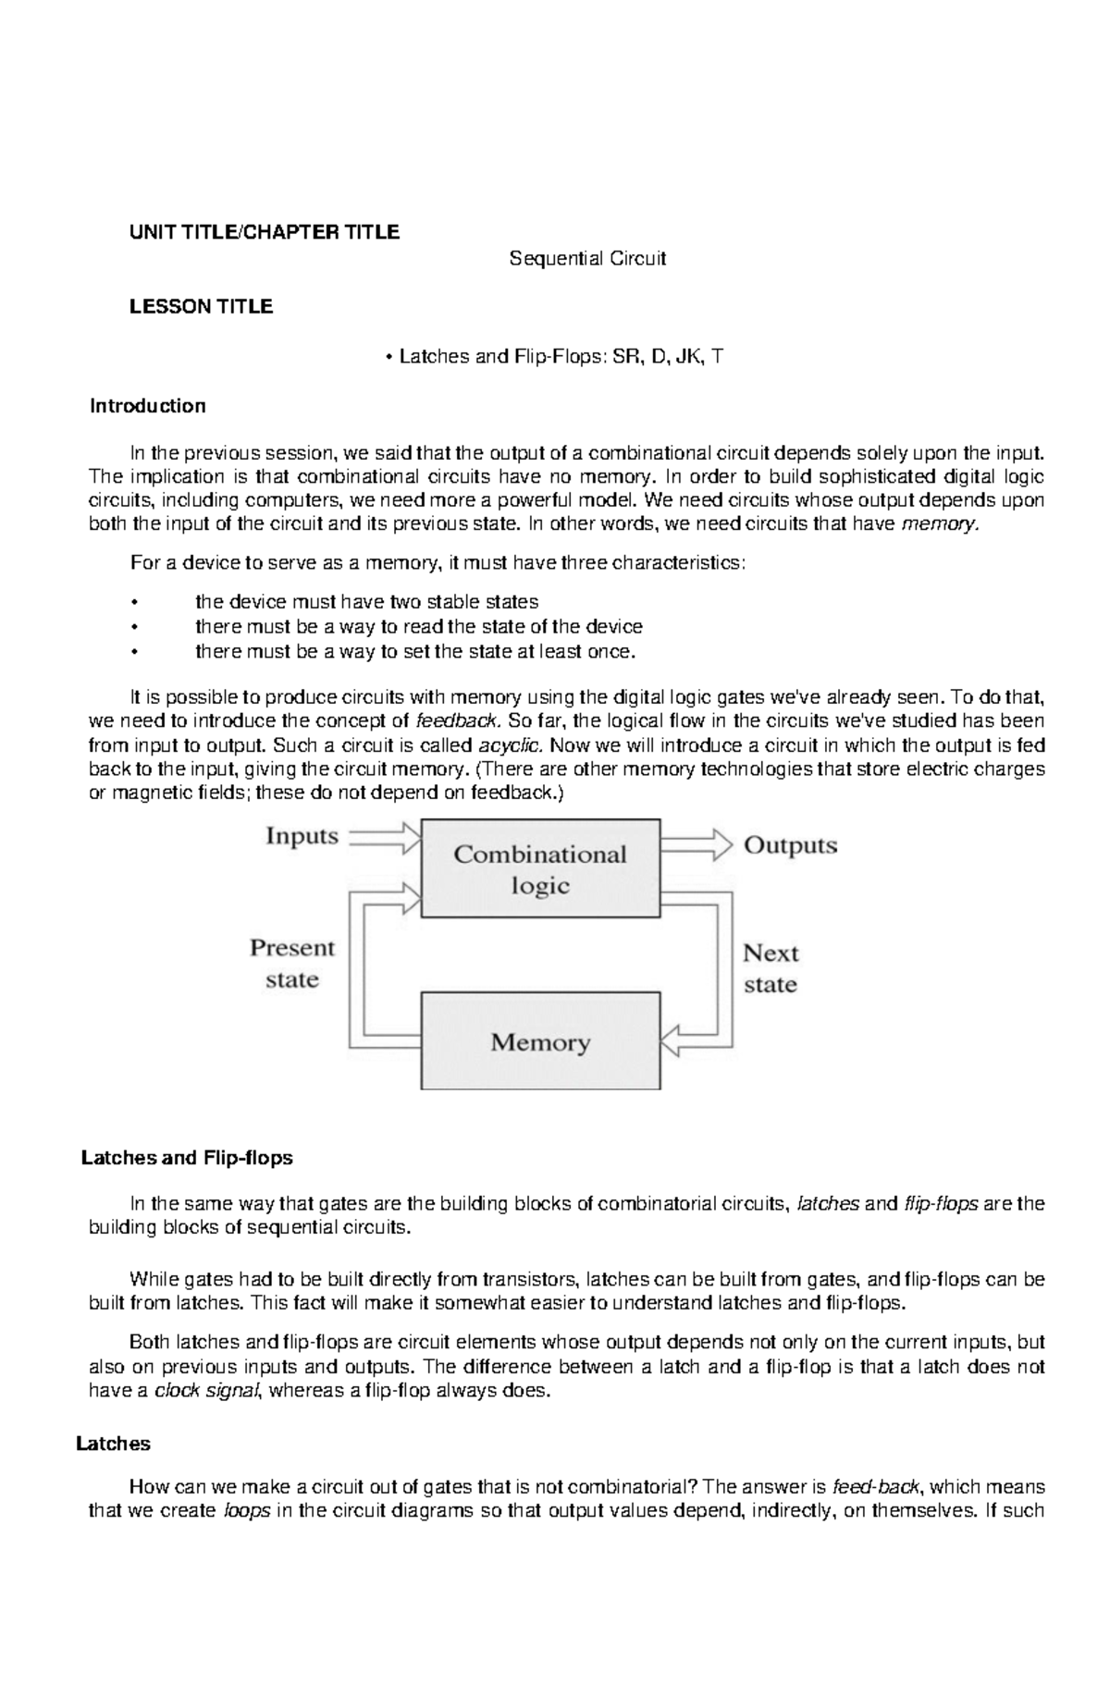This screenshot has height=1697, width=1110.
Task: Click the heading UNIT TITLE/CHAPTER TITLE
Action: point(265,232)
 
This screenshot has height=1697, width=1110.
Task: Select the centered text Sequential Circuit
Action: point(587,259)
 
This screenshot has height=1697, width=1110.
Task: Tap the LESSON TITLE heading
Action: point(201,307)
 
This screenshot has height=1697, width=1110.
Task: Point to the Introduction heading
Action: point(147,406)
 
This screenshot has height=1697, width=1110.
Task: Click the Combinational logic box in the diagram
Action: point(540,868)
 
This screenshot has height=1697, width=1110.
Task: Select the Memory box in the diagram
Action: point(540,1042)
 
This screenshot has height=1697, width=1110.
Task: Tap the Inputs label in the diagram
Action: point(302,837)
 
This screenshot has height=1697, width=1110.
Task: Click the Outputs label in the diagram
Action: point(790,845)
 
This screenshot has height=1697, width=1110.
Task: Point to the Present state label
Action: point(292,964)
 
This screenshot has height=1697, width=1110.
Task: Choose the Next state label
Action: point(771,968)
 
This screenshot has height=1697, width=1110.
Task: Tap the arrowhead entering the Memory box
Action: point(673,1040)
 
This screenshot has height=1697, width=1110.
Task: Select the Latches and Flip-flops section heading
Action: point(187,1158)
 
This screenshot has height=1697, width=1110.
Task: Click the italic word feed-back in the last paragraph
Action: point(875,1487)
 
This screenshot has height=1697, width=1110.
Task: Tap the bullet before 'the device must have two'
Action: point(135,603)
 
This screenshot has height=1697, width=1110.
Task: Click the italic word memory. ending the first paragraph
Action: point(938,524)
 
